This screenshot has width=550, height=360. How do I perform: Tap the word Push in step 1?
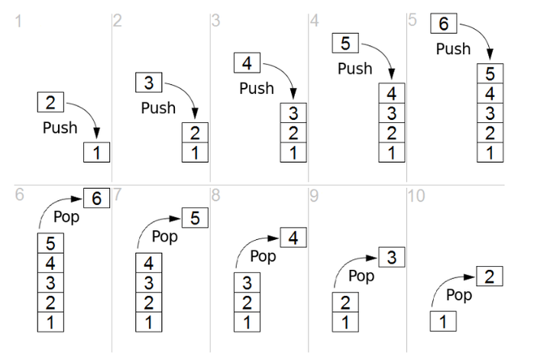point(60,127)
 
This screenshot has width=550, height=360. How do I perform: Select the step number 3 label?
point(215,21)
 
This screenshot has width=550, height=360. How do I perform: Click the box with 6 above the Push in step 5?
point(444,24)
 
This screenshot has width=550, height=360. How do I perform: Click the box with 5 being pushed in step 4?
point(345,44)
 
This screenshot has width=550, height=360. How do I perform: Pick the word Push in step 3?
point(256,88)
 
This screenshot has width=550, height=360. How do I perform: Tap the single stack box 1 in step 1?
point(97,153)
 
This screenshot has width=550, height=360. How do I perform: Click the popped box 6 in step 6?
point(96,198)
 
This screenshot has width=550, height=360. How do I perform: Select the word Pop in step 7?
point(164,236)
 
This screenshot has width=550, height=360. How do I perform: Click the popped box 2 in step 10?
point(490,276)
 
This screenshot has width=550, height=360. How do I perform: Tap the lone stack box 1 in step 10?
point(443,321)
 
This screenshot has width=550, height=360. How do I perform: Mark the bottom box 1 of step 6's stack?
point(51,321)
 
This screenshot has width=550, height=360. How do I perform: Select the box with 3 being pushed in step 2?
point(150,82)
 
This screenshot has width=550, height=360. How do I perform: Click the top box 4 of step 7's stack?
point(150,264)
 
